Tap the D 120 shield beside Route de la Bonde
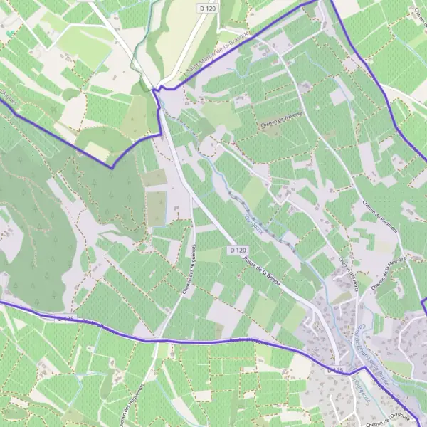tap(238, 251)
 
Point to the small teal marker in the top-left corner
tap(9, 33)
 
